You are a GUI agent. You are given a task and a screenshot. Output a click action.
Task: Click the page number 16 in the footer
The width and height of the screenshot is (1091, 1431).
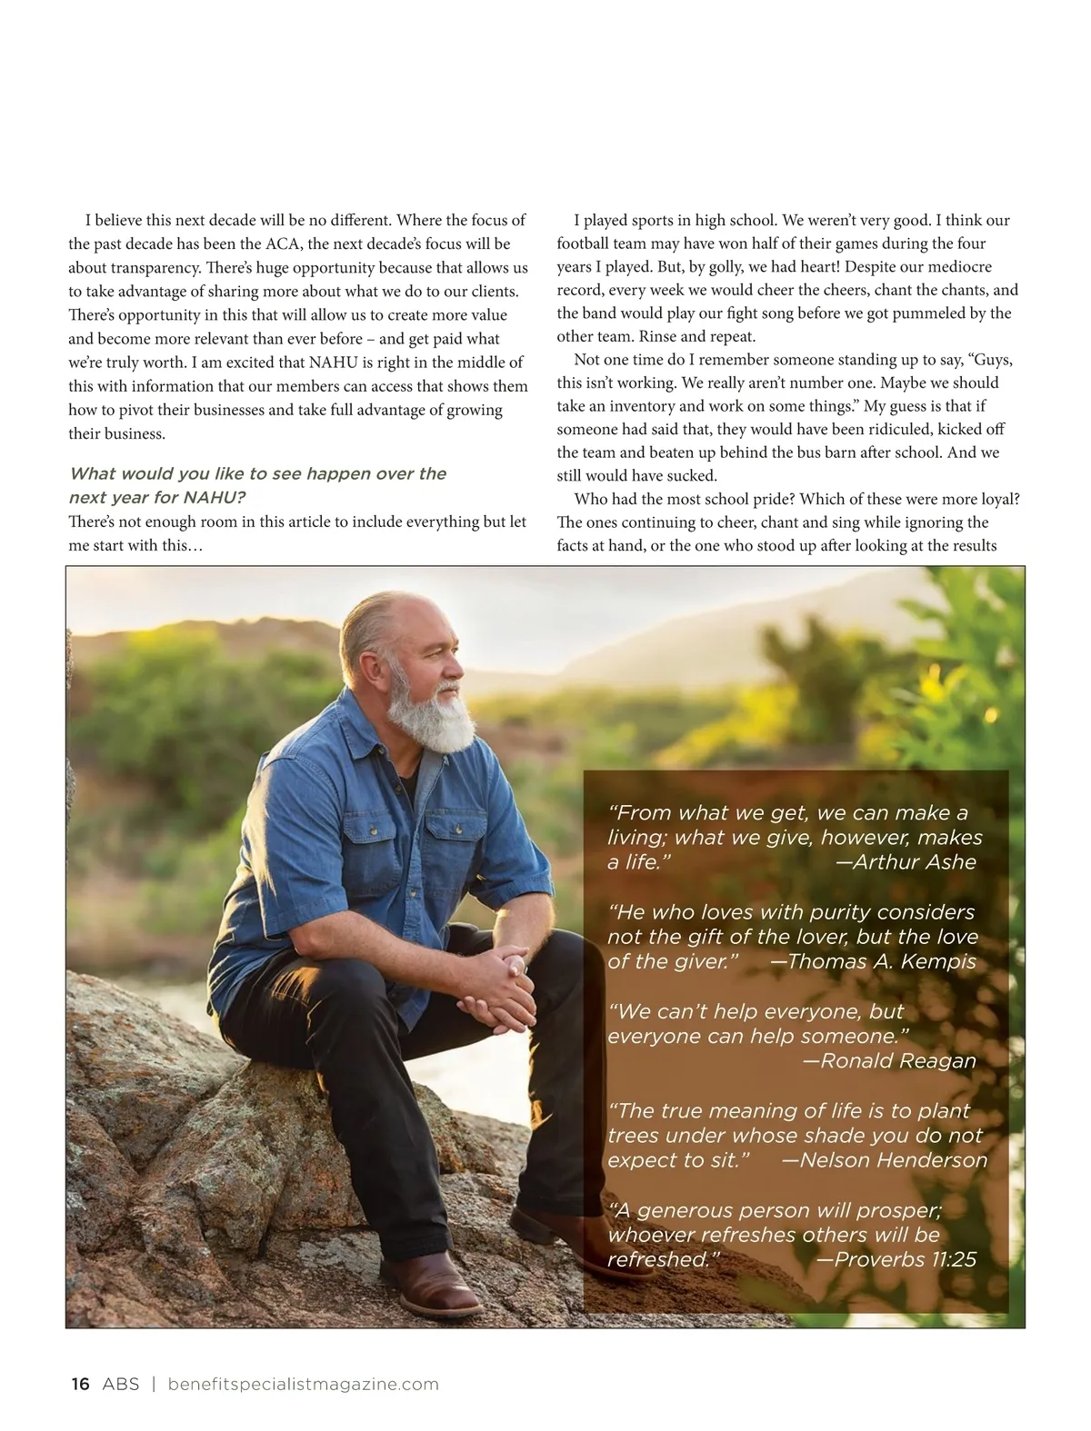tap(80, 1384)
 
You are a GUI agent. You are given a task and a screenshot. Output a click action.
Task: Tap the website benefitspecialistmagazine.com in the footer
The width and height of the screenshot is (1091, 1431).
tap(304, 1384)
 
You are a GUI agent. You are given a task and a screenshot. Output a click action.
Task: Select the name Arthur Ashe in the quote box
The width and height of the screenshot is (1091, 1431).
tap(914, 861)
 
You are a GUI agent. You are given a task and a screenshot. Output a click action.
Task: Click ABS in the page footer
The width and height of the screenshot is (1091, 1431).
tap(121, 1384)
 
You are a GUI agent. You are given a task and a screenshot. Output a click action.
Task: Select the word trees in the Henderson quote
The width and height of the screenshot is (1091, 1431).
tap(633, 1135)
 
